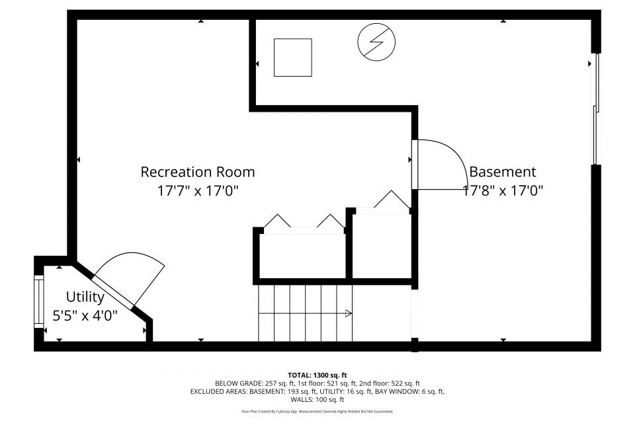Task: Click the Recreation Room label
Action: (197, 172)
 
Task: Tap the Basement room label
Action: (502, 172)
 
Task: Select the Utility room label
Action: (85, 296)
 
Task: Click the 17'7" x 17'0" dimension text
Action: (197, 191)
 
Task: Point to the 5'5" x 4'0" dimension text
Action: (85, 315)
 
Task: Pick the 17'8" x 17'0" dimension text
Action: (502, 191)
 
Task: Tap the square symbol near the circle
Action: (292, 58)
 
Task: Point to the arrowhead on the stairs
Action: (349, 313)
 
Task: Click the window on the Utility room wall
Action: (38, 301)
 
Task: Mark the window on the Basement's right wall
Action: (595, 109)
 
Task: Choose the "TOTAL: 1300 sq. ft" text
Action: (317, 375)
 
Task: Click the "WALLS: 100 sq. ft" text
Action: (317, 400)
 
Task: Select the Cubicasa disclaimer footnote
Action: (317, 411)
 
